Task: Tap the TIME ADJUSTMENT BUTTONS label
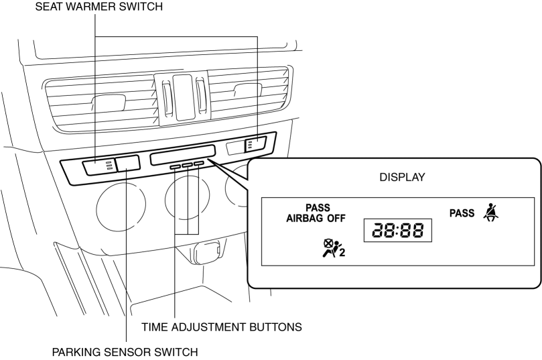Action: (222, 327)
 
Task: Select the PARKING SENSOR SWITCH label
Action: (127, 351)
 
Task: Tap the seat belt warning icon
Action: (494, 214)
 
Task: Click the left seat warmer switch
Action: (98, 166)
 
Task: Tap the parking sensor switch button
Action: (127, 163)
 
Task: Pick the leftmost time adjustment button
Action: (176, 166)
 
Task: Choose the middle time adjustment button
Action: (187, 164)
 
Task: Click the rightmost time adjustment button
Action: (198, 163)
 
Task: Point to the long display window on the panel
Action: (183, 154)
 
